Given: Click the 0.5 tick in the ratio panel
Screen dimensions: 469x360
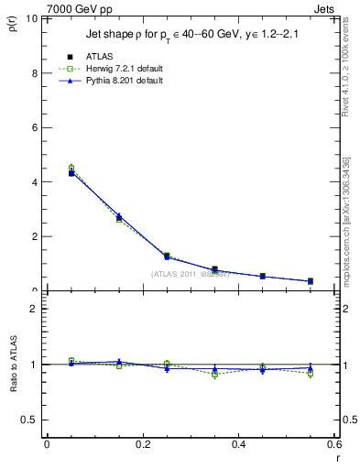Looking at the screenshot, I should coord(29,420).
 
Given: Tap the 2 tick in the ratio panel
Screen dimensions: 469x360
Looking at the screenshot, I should coord(34,309).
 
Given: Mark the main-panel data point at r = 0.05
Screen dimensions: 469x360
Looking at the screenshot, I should coord(71,172).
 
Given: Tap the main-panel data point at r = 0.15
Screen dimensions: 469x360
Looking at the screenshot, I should coord(119,217).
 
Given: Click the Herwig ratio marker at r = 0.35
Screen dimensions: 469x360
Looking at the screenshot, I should coord(215,374).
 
